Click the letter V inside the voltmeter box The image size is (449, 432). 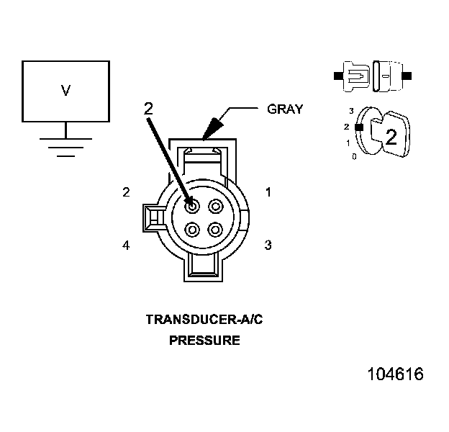point(65,91)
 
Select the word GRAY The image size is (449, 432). point(285,109)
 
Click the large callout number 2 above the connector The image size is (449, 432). point(148,109)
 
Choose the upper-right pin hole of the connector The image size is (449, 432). point(216,207)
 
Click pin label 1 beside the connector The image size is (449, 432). point(268,192)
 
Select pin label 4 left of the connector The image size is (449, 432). point(126,246)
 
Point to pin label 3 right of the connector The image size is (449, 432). point(268,246)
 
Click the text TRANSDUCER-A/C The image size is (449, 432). point(204,319)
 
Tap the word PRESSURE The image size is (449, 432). point(204,340)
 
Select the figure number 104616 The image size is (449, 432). point(395,374)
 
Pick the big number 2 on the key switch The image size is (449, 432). point(391,137)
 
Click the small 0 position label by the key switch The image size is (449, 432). point(354,156)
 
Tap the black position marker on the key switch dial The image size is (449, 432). point(358,127)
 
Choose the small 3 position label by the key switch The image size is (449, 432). point(350,111)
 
